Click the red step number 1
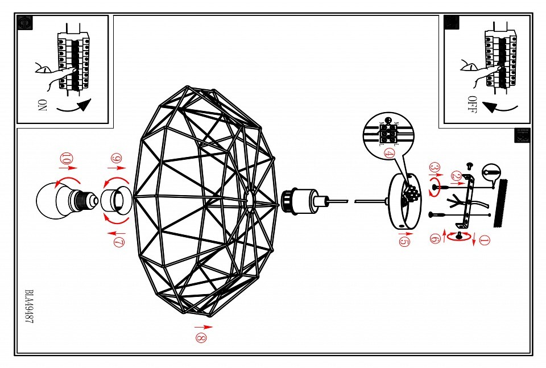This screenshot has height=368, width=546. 484,241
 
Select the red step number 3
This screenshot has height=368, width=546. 434,168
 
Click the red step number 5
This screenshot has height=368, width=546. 403,241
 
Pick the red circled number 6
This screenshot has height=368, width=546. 435,239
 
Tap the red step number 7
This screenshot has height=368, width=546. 118,242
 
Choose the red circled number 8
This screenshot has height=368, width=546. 201,337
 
